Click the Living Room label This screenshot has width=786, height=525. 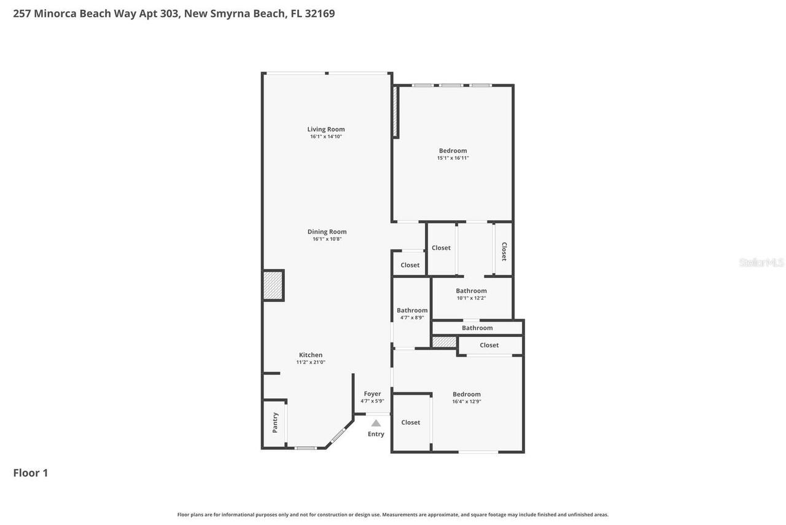coord(326,129)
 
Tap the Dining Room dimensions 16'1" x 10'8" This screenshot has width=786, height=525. coord(327,239)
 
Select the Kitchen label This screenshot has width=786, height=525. coord(311,355)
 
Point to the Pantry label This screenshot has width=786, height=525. coord(275,423)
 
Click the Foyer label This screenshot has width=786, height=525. coord(372,394)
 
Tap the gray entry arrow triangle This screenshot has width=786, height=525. coord(376,423)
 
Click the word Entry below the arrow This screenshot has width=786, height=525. coord(376,434)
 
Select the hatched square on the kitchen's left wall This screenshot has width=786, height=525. coord(273,285)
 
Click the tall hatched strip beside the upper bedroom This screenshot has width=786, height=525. coord(395,111)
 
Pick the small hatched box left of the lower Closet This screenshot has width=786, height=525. coord(444,342)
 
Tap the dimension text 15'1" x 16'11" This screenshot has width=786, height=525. coord(453,158)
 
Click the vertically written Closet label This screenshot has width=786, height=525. coord(504,251)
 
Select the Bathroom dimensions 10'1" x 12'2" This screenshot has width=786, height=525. coord(471,298)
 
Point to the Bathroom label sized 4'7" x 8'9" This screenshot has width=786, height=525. coord(412,310)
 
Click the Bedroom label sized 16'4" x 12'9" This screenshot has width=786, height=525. coord(466,394)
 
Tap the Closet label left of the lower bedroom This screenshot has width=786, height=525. coord(411,422)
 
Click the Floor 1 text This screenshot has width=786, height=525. coord(31,473)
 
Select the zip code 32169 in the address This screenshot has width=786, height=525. coord(320,14)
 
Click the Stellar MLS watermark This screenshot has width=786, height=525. coord(761,262)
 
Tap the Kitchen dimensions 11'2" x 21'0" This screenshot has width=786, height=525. coord(311,362)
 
